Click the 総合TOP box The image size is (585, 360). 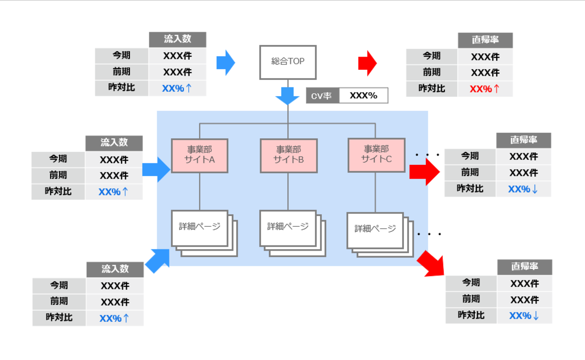point(288,62)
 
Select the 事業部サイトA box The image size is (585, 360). point(200,156)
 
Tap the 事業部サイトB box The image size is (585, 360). point(288,156)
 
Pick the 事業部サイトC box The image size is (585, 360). point(376,155)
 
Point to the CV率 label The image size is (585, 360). point(322,96)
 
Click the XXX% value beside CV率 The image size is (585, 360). point(363,96)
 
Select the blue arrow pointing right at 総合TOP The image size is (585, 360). point(225,62)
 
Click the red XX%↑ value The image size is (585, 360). point(484,89)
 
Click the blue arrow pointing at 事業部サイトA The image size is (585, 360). point(157,169)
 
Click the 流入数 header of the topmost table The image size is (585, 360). point(178,40)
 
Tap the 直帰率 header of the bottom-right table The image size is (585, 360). point(524,267)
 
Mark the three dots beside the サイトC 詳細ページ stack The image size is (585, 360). point(429,235)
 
